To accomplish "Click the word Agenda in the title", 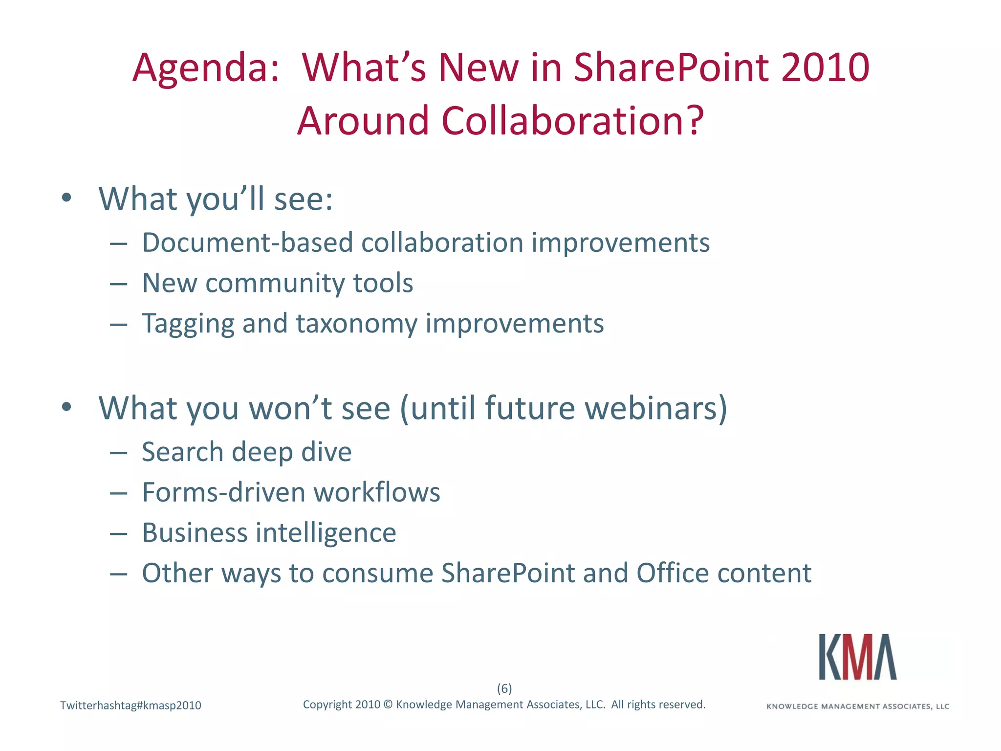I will tap(205, 68).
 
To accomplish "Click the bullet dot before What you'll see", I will tap(67, 198).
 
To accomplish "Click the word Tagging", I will tap(188, 324).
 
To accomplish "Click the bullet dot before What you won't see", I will tap(67, 407).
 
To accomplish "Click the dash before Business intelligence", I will tap(119, 533).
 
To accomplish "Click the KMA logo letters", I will tap(858, 657).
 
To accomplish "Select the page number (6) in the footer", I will tap(504, 688).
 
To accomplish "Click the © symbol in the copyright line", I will tap(388, 705).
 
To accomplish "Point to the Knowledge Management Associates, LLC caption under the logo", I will tap(858, 707).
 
